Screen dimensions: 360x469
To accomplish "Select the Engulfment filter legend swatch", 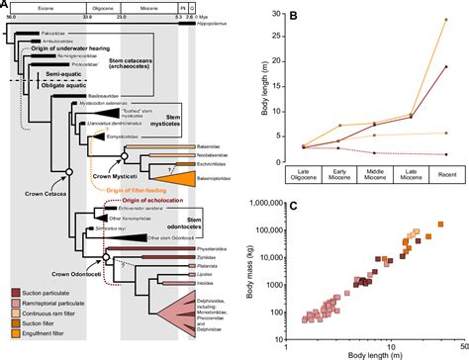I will coord(9,343).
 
